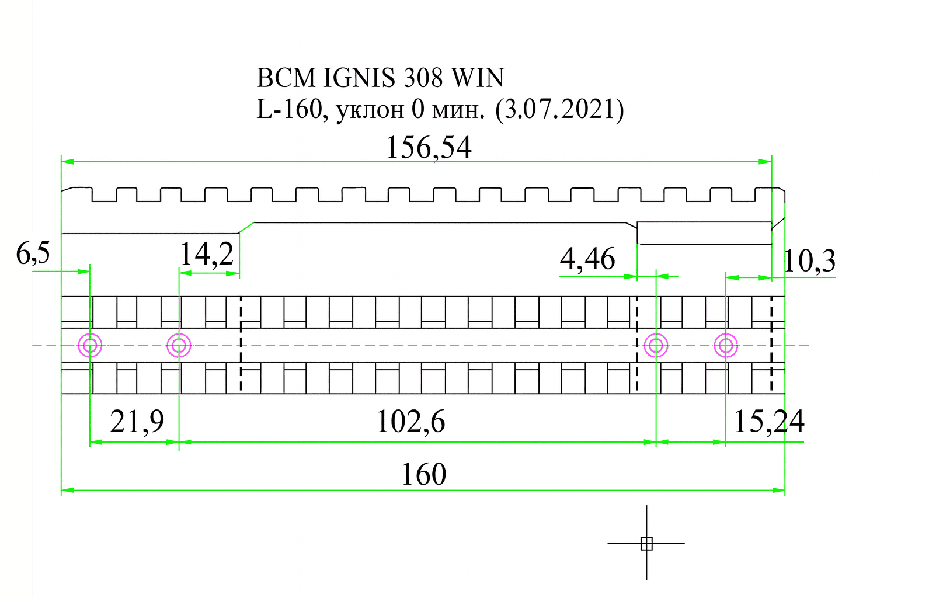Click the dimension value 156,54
(x=429, y=147)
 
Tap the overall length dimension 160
(x=423, y=474)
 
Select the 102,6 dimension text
(x=410, y=421)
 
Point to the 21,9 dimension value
(x=137, y=421)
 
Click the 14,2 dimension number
(x=206, y=254)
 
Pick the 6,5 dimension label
(x=33, y=253)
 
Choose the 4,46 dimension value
(x=587, y=259)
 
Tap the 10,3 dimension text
(x=809, y=260)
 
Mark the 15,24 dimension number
(x=769, y=421)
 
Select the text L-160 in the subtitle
(x=290, y=109)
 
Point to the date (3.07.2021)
(x=559, y=109)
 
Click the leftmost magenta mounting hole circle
(x=90, y=346)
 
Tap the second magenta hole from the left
(x=179, y=346)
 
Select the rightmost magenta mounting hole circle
(x=726, y=346)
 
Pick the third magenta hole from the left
(x=656, y=346)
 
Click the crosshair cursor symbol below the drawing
(x=646, y=544)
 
